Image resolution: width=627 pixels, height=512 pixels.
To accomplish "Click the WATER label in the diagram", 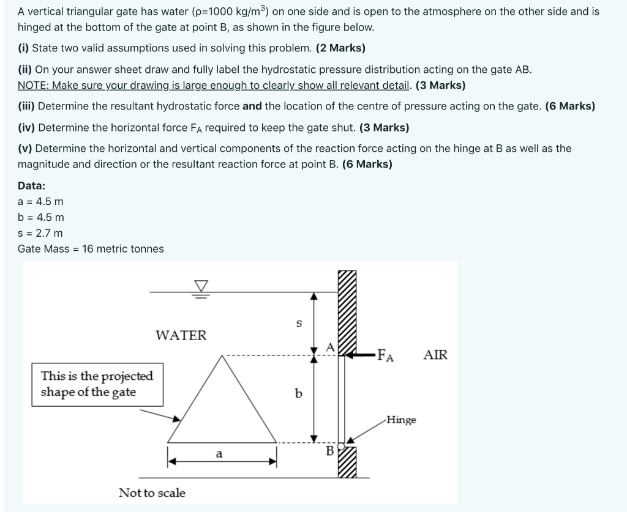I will coord(181,335).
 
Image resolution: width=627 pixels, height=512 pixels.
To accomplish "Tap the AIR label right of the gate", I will coord(435,355).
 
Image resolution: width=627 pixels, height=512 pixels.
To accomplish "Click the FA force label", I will coord(385,355).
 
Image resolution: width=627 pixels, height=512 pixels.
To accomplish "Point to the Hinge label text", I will coord(401,420).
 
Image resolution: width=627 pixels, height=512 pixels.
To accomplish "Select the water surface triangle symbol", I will coord(201,286).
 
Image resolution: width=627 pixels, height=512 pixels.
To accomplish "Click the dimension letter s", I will coord(299,324).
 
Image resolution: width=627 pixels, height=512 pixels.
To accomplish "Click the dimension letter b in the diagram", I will coord(299,393).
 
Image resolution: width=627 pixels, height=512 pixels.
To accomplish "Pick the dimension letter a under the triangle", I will coord(219,454).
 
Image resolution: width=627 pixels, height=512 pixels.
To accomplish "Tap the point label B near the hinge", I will coord(329,451).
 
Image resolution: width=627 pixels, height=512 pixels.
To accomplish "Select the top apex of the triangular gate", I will coord(223,356).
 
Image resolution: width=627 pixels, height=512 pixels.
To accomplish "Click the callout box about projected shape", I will coord(97,384).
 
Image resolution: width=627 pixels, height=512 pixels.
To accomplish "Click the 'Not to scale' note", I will coord(152,492).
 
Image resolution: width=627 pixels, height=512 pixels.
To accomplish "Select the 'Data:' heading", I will coord(31,185).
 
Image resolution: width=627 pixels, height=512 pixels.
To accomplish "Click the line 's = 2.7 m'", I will coord(40,233).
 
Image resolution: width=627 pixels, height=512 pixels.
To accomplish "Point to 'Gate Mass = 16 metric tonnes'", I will coord(91,249).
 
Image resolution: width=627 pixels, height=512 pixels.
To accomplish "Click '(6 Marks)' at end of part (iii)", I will coord(569,106).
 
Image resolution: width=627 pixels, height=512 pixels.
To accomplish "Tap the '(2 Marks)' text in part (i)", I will coord(340,48).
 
